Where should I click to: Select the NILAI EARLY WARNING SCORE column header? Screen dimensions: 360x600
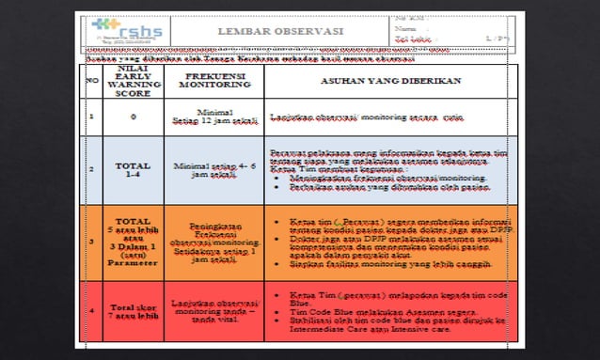click(x=134, y=80)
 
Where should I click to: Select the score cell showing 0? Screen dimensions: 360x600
click(x=134, y=117)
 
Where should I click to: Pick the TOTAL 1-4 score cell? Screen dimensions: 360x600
click(x=134, y=169)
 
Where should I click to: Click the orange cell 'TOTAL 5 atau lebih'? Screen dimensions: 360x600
click(x=134, y=242)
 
